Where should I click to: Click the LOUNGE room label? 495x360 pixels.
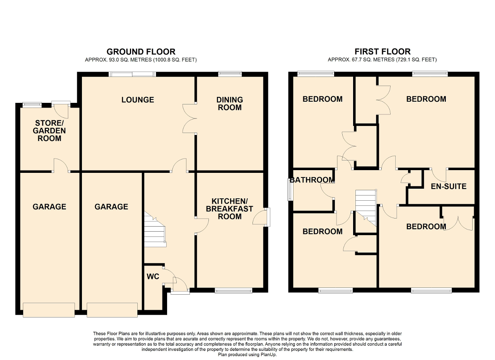tap(138, 100)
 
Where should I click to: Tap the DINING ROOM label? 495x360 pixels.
tap(230, 104)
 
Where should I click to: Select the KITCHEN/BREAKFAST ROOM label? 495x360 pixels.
tap(230, 209)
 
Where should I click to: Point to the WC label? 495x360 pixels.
tap(153, 276)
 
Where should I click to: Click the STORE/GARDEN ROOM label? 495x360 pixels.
tap(49, 131)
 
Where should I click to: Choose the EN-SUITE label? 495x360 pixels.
tap(449, 186)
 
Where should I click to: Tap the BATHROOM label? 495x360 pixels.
tap(312, 180)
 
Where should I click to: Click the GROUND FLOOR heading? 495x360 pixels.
tap(141, 52)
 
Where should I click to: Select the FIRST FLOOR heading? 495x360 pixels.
tap(382, 52)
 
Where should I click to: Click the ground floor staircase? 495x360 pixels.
tap(155, 229)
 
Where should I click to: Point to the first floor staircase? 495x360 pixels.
tap(366, 208)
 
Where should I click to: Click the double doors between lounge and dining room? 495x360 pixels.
tap(189, 118)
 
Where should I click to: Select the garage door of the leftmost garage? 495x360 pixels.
tap(49, 310)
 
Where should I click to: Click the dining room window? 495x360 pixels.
tap(230, 74)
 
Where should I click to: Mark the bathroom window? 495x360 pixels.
tap(290, 189)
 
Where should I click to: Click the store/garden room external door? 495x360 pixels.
tap(61, 110)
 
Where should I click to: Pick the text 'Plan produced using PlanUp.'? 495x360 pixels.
tap(247, 355)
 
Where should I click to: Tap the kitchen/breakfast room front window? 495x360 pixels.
tap(234, 290)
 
